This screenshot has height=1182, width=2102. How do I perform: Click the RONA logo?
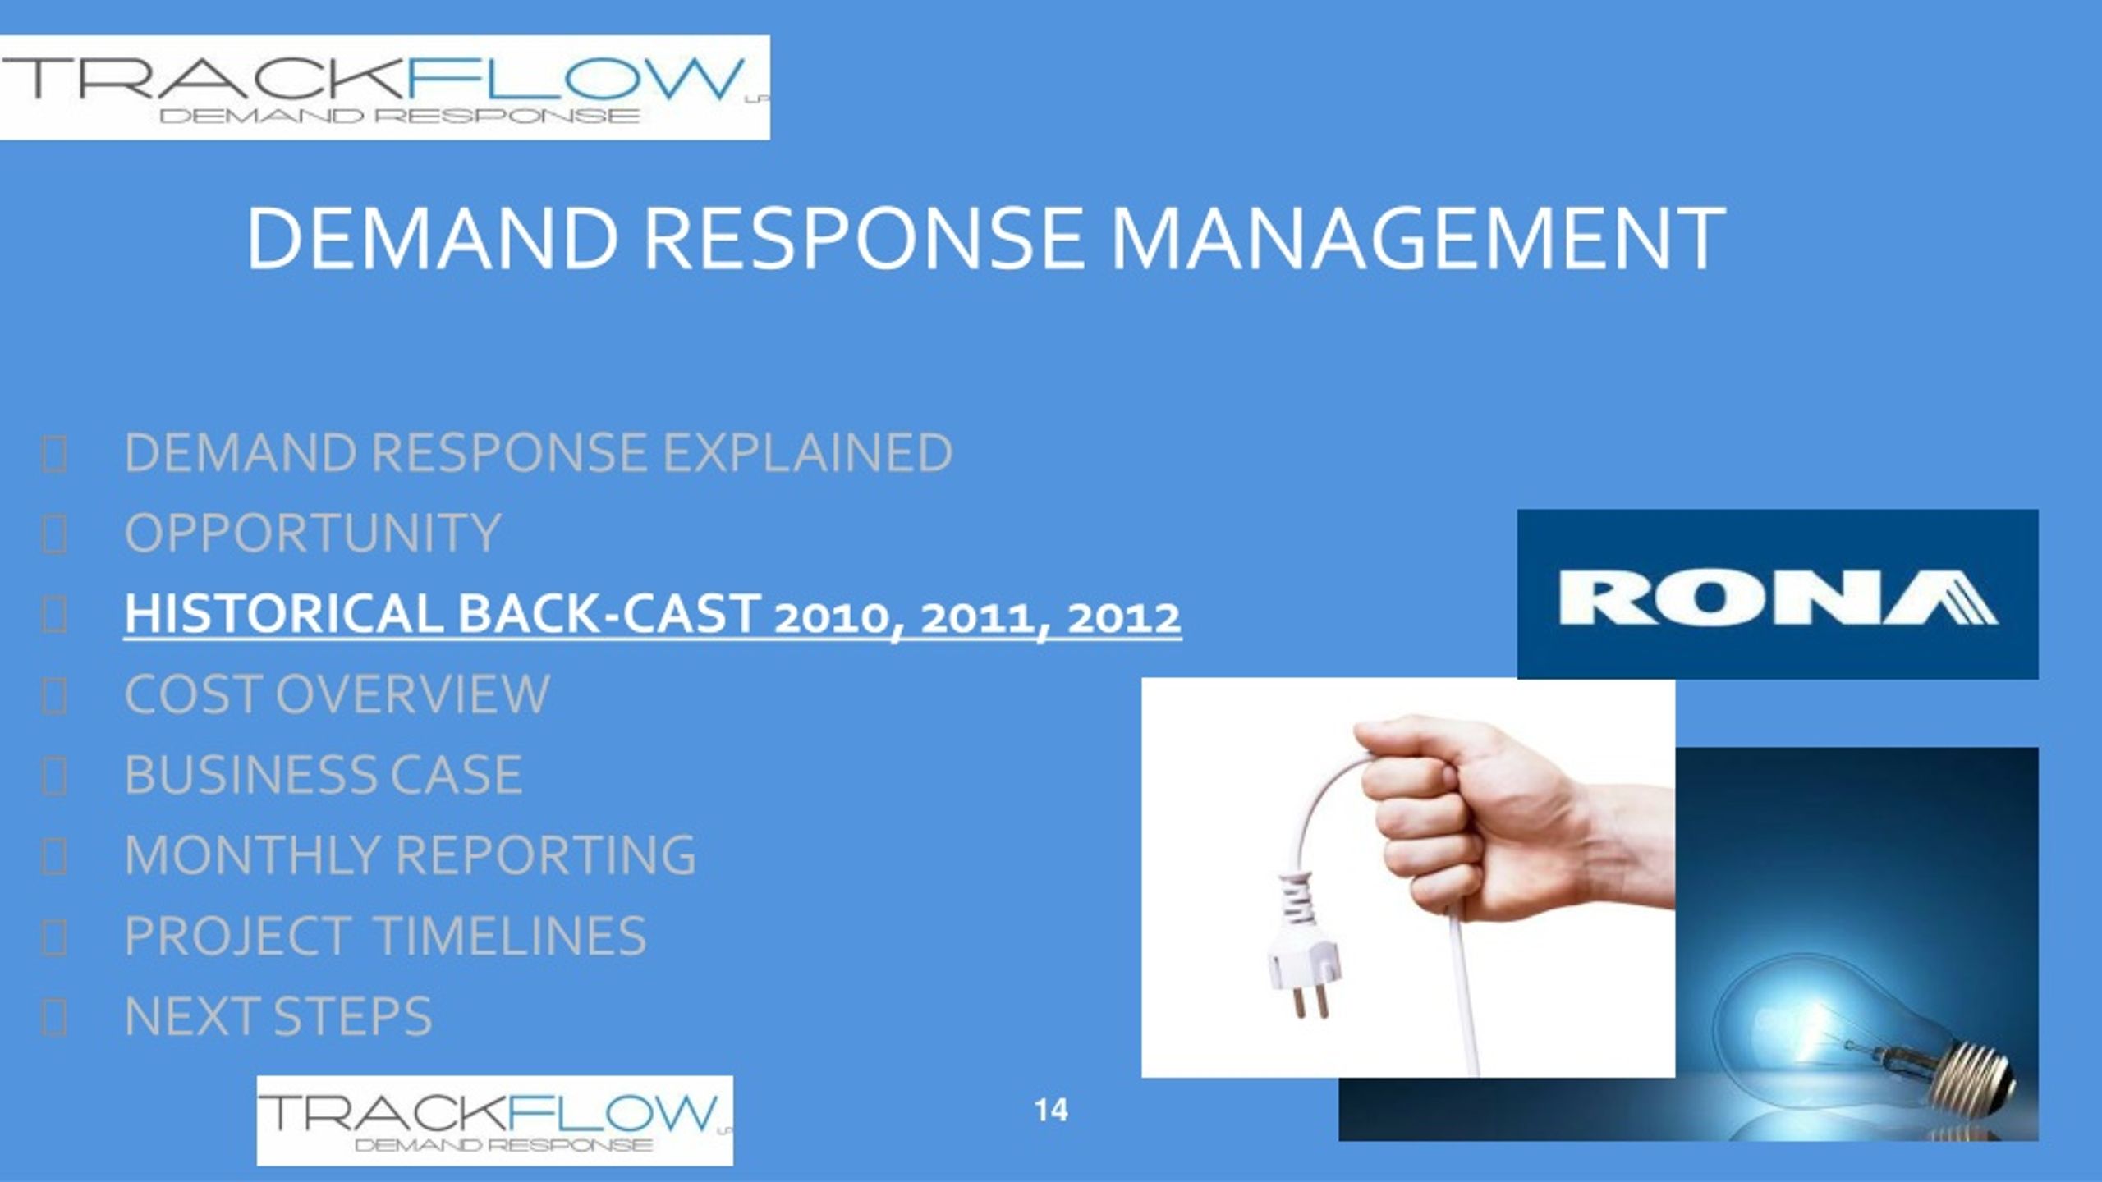(x=1778, y=594)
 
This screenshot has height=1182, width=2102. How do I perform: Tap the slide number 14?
(x=1051, y=1111)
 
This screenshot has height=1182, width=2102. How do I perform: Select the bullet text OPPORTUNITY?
(x=313, y=533)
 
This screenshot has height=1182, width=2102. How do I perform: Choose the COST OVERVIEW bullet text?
(x=337, y=694)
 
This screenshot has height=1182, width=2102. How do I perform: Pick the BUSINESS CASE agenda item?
(x=324, y=774)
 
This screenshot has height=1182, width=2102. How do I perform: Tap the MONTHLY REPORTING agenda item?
(x=411, y=854)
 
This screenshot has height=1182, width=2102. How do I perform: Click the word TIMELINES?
(x=511, y=935)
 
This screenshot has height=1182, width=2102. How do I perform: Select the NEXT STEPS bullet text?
(x=278, y=1015)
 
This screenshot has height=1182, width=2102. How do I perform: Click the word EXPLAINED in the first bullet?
(x=808, y=452)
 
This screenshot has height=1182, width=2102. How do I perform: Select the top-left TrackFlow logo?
(x=384, y=88)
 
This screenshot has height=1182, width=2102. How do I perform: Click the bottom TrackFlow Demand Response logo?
(x=495, y=1120)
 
